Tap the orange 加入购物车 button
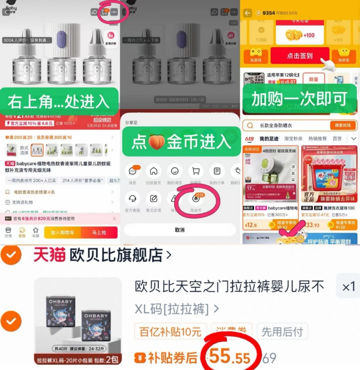pos(62,233)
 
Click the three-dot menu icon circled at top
pos(114,12)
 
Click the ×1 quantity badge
pos(348,287)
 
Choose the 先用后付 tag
pos(282,332)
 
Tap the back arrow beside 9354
pos(248,13)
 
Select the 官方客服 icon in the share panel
pos(132,200)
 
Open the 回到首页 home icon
pos(154,172)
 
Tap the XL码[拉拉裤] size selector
pos(177,308)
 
